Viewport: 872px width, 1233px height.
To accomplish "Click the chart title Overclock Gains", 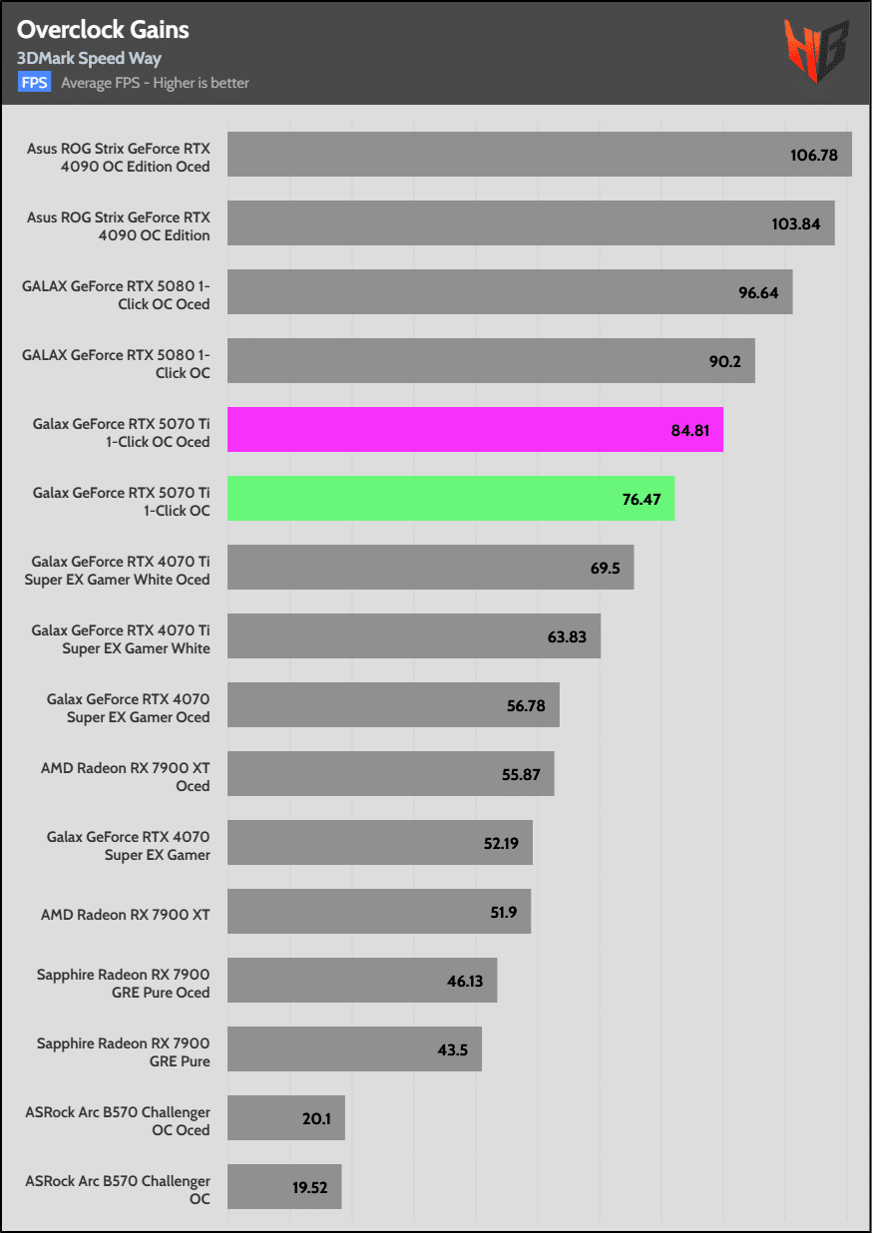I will [103, 30].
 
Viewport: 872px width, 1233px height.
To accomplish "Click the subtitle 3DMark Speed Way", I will [89, 59].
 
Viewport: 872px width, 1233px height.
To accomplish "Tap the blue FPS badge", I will [35, 83].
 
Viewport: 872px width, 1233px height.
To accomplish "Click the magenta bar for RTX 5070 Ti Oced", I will [475, 430].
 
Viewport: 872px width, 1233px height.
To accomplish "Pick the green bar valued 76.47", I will [451, 499].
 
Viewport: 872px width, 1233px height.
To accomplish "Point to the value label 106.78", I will [813, 156].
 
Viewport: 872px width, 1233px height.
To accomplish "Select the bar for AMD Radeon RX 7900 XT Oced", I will [390, 774].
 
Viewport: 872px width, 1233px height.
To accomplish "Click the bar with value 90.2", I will [491, 361].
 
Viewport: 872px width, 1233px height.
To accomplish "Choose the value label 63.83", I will [567, 636].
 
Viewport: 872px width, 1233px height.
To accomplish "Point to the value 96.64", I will [757, 293].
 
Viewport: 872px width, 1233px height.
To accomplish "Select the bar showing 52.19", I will [379, 843].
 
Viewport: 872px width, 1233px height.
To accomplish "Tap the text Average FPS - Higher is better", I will [155, 83].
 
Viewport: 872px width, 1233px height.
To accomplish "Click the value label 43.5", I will [453, 1050].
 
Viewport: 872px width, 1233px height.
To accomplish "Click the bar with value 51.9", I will [379, 912].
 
